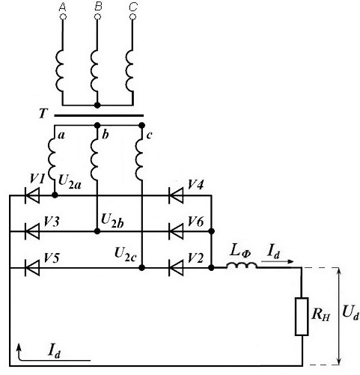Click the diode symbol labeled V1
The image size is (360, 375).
tap(32, 195)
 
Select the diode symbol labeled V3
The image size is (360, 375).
tap(32, 231)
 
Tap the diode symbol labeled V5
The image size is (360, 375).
tap(32, 268)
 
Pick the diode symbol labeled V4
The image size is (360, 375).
tap(176, 195)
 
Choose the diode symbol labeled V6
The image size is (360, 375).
tap(176, 231)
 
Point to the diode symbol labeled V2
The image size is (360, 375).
tap(176, 268)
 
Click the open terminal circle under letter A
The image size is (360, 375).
tap(63, 17)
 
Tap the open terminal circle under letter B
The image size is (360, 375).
tap(97, 17)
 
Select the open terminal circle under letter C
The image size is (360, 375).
tap(132, 17)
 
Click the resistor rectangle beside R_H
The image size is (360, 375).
tap(302, 316)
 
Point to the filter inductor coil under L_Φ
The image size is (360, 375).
tap(241, 266)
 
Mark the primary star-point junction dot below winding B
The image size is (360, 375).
tap(97, 105)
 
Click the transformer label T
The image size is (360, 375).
tap(43, 114)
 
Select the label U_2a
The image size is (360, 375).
tap(70, 181)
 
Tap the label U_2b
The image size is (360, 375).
tap(112, 221)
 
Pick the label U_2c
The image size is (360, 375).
tap(126, 254)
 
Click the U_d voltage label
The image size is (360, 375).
tap(351, 313)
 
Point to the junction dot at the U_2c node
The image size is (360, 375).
tap(141, 268)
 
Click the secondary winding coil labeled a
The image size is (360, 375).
tap(52, 159)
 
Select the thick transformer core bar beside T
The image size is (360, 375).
tap(99, 116)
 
